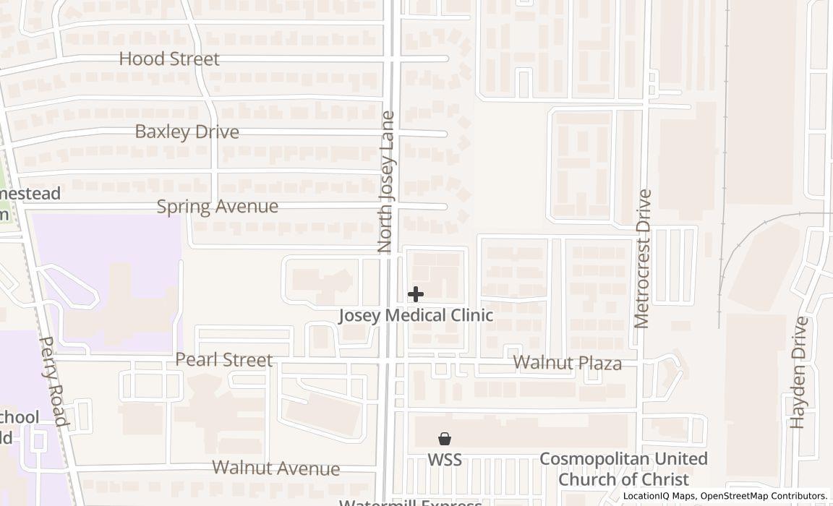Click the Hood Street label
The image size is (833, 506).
pos(169,59)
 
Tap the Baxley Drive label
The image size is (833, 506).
pos(187,132)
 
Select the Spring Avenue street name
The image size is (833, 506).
pos(217,207)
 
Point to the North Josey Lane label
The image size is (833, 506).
pos(387,181)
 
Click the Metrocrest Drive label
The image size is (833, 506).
pos(643,259)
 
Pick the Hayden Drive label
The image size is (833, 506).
pos(798,372)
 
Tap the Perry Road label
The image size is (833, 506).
pos(53,381)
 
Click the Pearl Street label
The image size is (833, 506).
pos(223,360)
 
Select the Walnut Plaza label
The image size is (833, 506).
pos(567,363)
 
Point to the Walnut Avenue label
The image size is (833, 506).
pos(276,468)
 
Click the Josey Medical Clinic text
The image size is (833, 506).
pos(416,316)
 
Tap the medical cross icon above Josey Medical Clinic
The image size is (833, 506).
pos(416,294)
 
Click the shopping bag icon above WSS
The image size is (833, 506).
pos(445,439)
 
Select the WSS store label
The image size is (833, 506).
pos(445,460)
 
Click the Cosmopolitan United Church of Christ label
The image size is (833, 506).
pos(623,469)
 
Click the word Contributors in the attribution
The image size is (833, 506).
pos(799,496)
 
